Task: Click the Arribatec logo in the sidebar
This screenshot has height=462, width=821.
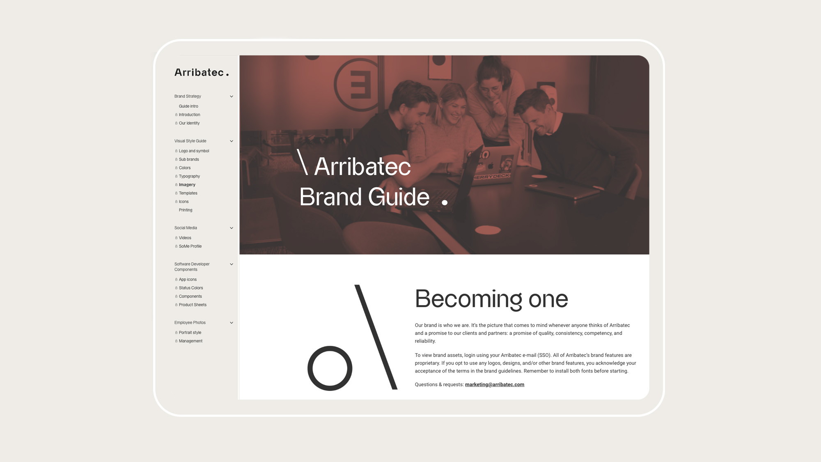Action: [x=202, y=73]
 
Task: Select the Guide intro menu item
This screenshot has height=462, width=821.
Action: [x=188, y=106]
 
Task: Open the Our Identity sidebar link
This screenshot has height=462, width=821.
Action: [x=189, y=123]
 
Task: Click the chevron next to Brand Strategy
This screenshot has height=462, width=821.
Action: [x=232, y=97]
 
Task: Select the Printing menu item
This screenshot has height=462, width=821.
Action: [x=186, y=210]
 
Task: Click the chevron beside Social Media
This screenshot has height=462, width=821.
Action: [x=232, y=228]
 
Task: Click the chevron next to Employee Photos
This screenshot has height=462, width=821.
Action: [x=232, y=323]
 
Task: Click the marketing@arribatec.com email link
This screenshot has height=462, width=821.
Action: [x=495, y=385]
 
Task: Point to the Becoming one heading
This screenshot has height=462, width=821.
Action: [x=491, y=299]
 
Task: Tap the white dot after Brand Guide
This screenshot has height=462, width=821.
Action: [x=445, y=202]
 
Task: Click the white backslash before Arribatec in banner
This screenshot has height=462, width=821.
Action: [x=303, y=162]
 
